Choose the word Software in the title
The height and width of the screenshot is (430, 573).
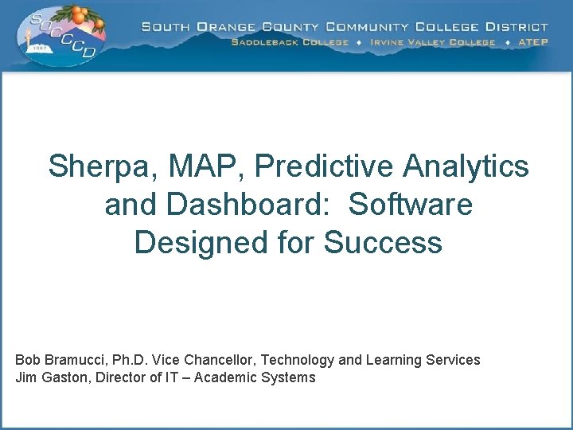pyautogui.click(x=411, y=205)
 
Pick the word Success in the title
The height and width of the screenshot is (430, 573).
pyautogui.click(x=383, y=242)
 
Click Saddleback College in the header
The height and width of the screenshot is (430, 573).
pyautogui.click(x=290, y=42)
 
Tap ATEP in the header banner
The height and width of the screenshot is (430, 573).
pyautogui.click(x=532, y=42)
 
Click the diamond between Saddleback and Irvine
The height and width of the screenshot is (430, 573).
pyautogui.click(x=359, y=42)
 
